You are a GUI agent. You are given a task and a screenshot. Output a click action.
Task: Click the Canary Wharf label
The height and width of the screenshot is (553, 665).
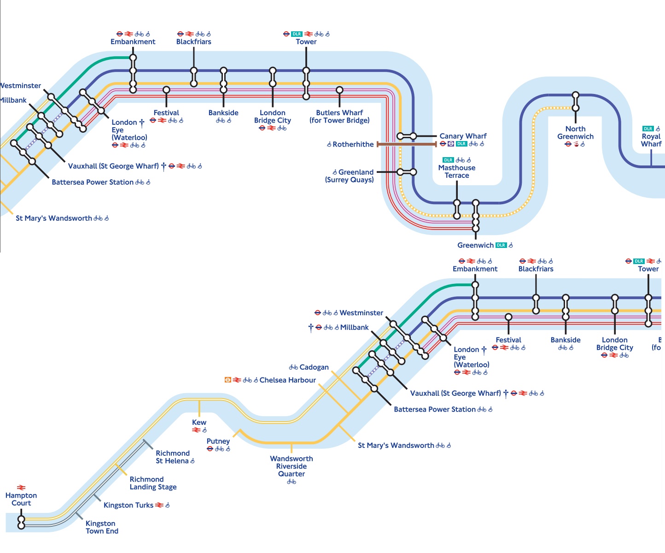click(x=463, y=136)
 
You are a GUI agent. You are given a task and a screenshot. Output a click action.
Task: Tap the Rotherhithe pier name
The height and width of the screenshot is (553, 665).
click(x=353, y=144)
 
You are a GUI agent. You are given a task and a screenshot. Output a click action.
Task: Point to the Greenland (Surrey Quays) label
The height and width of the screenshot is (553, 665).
click(x=350, y=176)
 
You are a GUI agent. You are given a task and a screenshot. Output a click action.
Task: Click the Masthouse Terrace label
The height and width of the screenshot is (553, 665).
click(x=457, y=171)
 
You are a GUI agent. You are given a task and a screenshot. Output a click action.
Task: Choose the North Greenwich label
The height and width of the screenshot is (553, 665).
click(x=575, y=133)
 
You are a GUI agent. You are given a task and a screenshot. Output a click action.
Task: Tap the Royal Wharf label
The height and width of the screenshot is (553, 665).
click(x=651, y=140)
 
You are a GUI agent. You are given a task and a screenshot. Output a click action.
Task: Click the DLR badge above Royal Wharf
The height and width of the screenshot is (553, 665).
click(x=648, y=129)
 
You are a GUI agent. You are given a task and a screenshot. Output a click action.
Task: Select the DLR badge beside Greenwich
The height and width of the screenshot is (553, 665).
click(x=501, y=245)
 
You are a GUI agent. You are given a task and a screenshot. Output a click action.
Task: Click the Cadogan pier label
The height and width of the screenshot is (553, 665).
click(x=314, y=367)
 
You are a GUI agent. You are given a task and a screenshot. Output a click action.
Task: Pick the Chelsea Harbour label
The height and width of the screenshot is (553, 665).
click(x=287, y=380)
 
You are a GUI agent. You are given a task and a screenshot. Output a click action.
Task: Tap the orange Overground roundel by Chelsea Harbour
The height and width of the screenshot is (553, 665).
click(x=227, y=380)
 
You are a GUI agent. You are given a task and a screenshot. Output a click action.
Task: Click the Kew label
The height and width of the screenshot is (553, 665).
click(x=199, y=422)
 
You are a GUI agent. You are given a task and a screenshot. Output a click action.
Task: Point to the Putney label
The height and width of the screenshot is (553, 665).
click(x=218, y=441)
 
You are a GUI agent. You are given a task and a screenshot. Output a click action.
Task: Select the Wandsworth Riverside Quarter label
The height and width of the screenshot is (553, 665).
click(x=292, y=466)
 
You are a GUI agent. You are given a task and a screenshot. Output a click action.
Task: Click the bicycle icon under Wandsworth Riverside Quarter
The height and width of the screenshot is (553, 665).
click(x=292, y=482)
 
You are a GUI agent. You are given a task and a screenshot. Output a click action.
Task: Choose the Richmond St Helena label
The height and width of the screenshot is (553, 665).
click(x=172, y=457)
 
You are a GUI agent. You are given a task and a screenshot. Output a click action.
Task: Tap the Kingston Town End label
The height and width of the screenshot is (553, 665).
click(x=102, y=527)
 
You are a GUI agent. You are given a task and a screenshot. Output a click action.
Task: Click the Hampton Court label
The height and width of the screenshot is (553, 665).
click(x=21, y=499)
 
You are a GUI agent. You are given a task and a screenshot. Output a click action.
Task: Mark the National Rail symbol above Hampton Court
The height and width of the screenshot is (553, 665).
click(x=21, y=488)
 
